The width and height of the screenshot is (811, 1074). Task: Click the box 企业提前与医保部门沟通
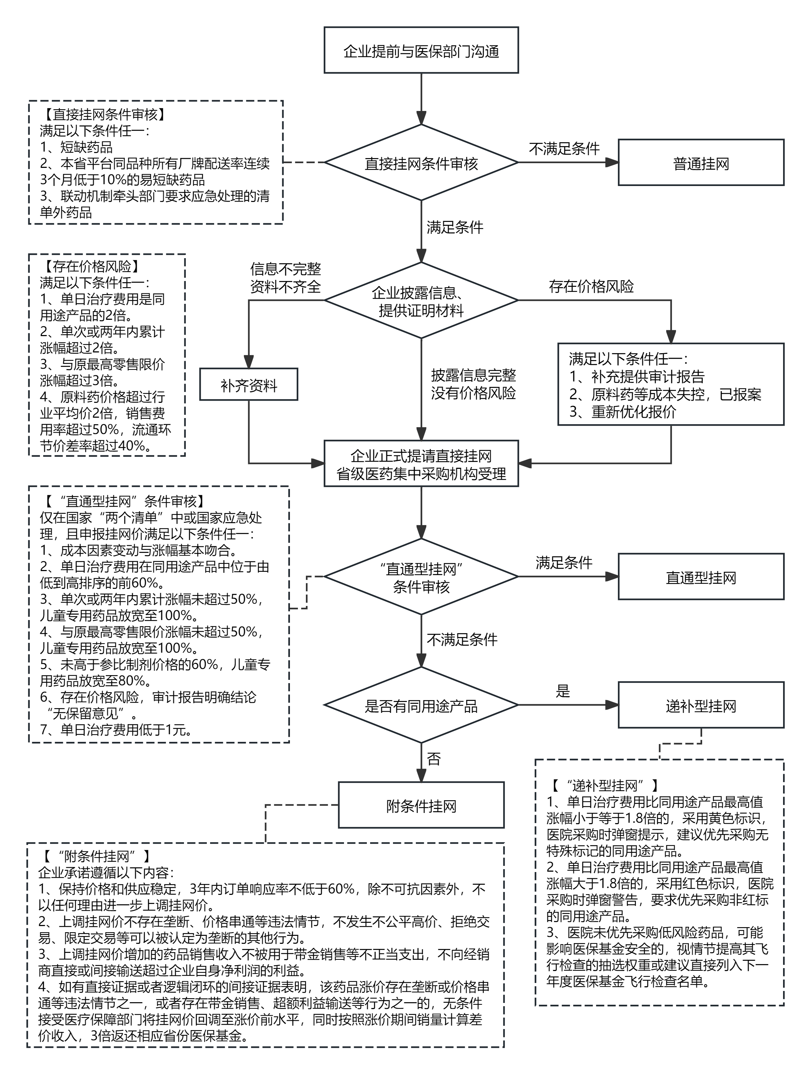coord(421,50)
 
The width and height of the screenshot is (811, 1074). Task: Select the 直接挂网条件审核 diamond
coord(421,163)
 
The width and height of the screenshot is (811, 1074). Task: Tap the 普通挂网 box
coord(701,163)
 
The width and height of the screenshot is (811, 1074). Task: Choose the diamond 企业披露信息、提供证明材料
coord(421,301)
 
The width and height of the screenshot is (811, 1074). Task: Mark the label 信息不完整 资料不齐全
coord(285,278)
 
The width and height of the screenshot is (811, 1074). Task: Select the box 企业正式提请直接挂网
coord(421,464)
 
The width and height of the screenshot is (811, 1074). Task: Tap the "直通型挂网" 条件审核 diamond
coord(421,577)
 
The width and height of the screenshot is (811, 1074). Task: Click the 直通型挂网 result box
coord(701,577)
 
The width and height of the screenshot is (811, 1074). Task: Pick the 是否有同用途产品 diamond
coord(421,706)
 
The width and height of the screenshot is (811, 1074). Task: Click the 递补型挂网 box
coord(701,706)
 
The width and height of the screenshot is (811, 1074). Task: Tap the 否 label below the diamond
coord(433,759)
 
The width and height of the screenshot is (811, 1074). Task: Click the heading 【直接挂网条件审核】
coord(105,115)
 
